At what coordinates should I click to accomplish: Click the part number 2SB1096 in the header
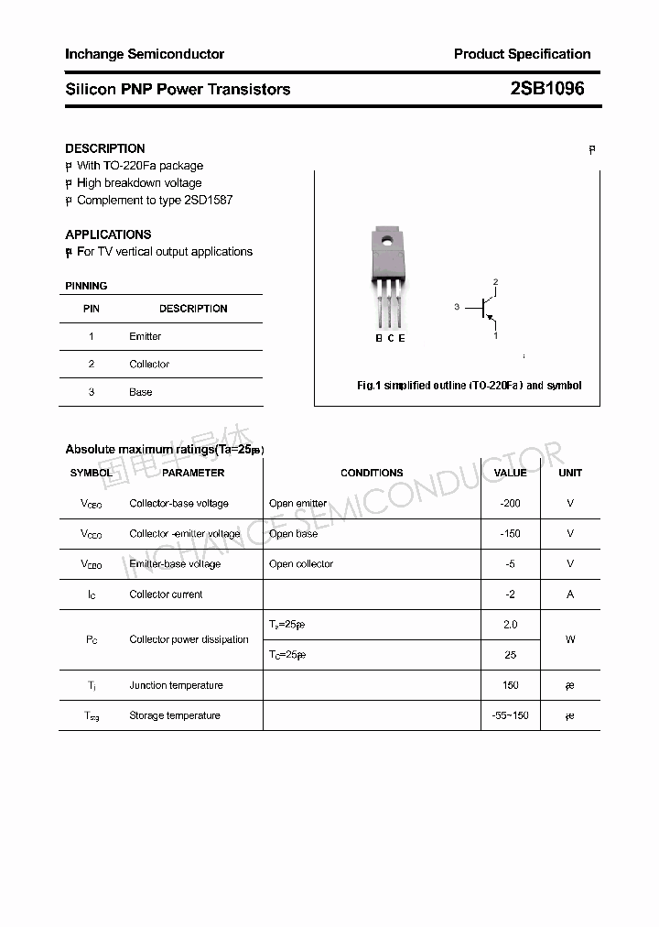click(x=546, y=89)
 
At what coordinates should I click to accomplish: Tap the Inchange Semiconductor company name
click(x=145, y=54)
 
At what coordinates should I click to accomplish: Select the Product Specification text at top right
click(x=522, y=54)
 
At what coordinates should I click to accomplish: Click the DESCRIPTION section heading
click(x=105, y=148)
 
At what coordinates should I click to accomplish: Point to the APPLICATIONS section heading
click(x=108, y=234)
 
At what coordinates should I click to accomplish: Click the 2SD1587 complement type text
click(x=209, y=200)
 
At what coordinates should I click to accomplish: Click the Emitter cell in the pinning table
click(x=145, y=336)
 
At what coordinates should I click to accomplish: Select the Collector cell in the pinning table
click(x=149, y=364)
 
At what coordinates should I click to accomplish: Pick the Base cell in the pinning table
click(x=141, y=392)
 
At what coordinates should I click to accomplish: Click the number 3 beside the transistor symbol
click(x=456, y=308)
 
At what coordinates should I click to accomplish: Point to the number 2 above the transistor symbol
click(x=495, y=281)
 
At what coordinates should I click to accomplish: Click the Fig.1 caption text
click(x=469, y=386)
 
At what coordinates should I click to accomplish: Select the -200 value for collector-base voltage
click(x=510, y=503)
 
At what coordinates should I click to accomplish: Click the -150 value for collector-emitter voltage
click(x=510, y=533)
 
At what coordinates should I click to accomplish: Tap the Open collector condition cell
click(x=301, y=564)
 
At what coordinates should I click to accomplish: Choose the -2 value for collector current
click(x=510, y=594)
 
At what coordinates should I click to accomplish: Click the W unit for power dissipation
click(x=570, y=639)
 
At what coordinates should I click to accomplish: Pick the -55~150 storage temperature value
click(x=510, y=715)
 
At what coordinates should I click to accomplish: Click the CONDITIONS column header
click(x=372, y=473)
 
